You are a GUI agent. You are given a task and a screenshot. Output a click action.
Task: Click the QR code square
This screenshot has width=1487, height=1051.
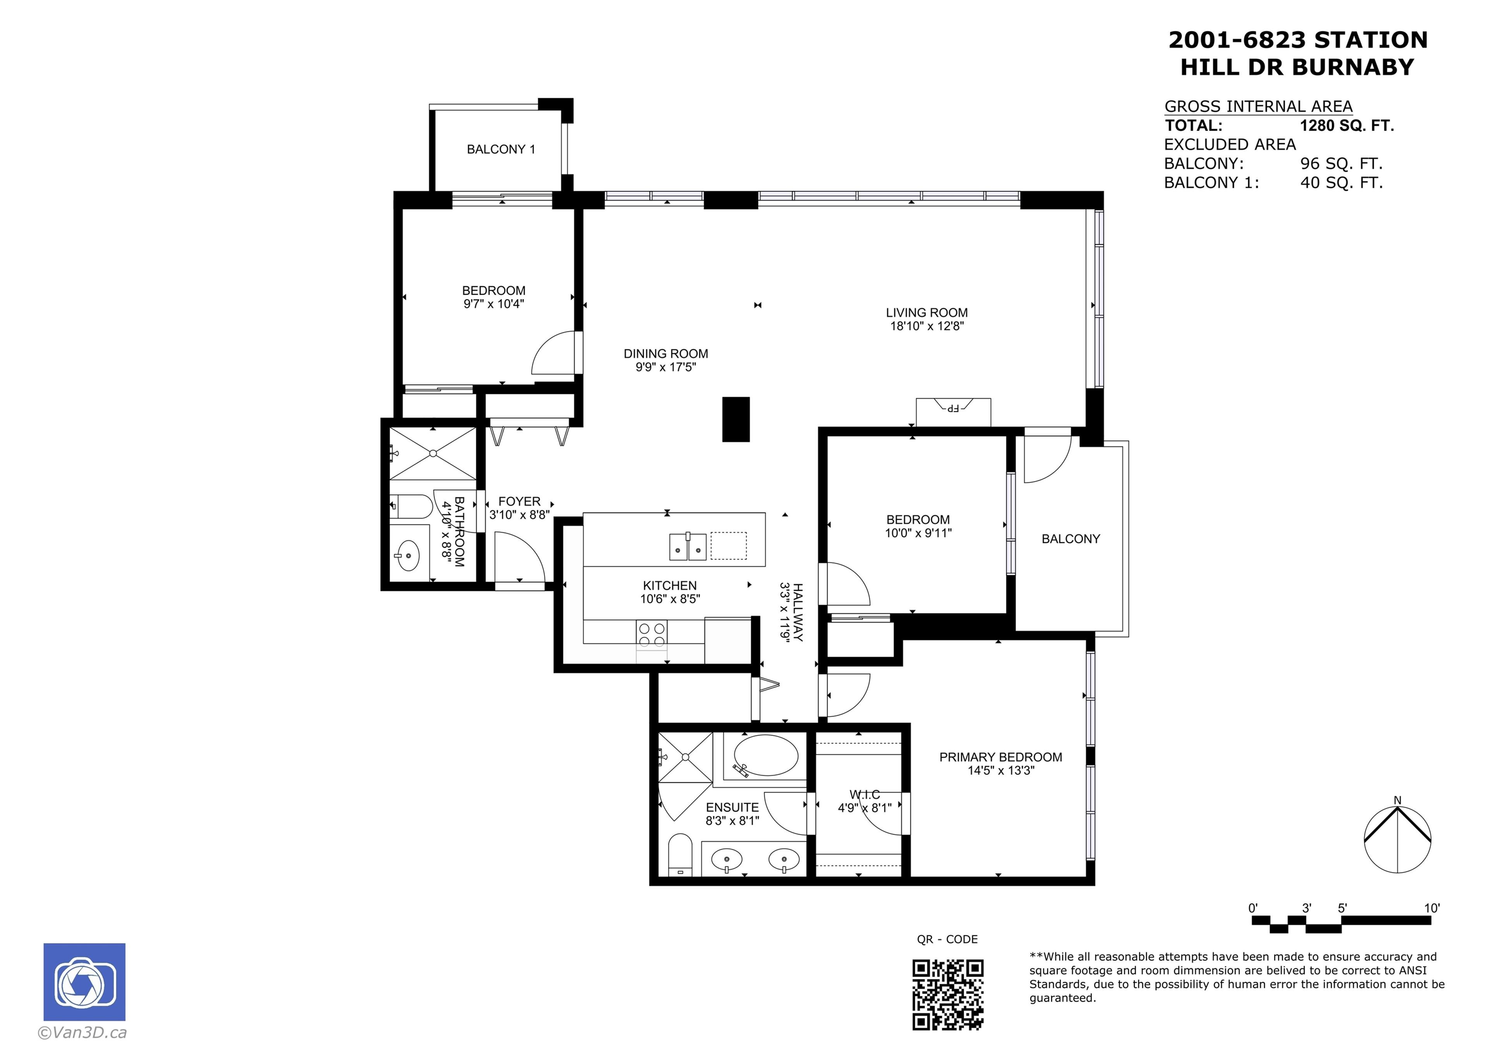(x=948, y=994)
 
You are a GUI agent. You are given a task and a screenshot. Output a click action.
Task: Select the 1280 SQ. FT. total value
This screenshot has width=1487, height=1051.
(x=1346, y=126)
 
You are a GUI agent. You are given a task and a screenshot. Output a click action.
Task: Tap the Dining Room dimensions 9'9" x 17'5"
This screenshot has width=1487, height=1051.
(x=665, y=367)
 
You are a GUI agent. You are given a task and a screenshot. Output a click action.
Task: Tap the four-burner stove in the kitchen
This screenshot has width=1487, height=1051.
(x=652, y=634)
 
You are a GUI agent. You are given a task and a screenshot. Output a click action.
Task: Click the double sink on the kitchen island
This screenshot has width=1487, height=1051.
(x=687, y=546)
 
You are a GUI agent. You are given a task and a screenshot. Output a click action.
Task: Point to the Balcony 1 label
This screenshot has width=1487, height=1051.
(x=501, y=149)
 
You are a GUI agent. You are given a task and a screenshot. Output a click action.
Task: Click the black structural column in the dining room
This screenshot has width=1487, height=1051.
(x=736, y=420)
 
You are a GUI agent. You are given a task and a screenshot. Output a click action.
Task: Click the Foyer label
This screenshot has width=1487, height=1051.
(x=519, y=501)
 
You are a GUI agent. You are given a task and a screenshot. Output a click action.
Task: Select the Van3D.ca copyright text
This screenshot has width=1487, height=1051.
(x=82, y=1033)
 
